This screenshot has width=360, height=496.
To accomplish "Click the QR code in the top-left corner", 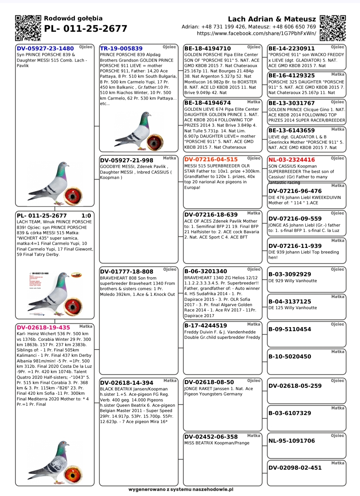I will pos(28,28).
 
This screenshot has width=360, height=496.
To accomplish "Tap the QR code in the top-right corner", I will pos(332,28).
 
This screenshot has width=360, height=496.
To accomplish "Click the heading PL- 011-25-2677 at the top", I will pos(86,29).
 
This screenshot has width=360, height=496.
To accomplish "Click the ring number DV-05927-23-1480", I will pos(45,49).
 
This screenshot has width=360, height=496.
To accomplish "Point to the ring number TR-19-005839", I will pos(121,49).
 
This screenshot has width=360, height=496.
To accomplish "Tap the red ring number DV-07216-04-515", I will pos(211,160).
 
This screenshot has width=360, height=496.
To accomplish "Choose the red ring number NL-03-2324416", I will pos(292,160).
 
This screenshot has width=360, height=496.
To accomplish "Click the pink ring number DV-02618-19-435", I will pos(43,328).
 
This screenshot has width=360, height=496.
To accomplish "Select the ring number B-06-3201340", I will pos(206,271).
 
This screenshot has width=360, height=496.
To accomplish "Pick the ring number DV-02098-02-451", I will pos(295,468).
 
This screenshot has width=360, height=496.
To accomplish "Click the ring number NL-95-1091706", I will pos(292,441).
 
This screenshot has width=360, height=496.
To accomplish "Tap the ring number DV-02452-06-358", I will pos(211,437).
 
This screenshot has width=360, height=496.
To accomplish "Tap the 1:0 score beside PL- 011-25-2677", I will pos(86,216).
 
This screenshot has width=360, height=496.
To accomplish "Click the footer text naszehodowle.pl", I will pos(181,489).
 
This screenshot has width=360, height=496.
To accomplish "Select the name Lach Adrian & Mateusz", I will pos(272,19).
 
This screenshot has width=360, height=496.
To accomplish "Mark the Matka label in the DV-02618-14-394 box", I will pos(170,380).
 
